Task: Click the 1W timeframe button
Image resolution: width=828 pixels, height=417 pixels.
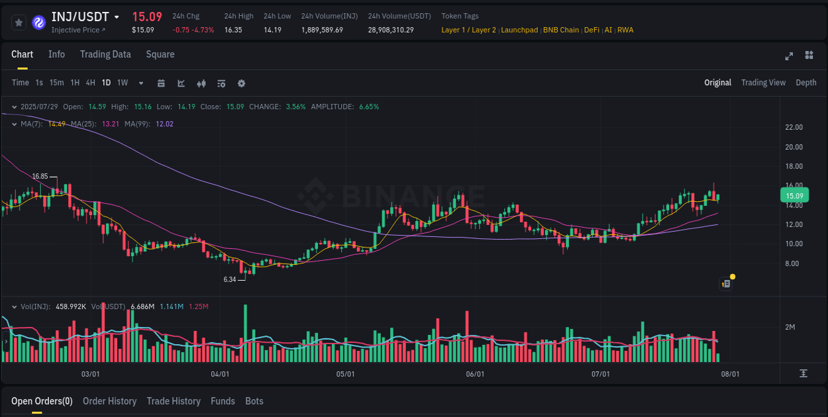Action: [x=123, y=83]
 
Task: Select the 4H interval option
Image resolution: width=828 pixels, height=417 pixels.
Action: [x=91, y=83]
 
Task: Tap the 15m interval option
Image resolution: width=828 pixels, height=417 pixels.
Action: [x=57, y=83]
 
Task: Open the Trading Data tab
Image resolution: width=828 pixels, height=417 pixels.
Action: [x=105, y=54]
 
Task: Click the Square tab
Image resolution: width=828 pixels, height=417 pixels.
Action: [x=160, y=54]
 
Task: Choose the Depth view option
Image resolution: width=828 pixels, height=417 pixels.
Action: [x=805, y=83]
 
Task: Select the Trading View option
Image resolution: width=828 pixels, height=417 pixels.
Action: [x=763, y=83]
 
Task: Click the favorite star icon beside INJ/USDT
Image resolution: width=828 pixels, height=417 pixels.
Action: [x=19, y=23]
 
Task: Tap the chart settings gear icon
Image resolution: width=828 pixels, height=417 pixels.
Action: [x=241, y=83]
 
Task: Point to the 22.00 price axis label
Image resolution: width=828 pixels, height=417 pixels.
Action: [x=794, y=127]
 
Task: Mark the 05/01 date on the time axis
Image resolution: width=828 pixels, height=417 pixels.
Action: [x=345, y=374]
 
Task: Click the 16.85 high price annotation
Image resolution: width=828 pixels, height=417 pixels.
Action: [x=40, y=177]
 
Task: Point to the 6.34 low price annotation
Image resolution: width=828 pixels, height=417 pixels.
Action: [x=230, y=279]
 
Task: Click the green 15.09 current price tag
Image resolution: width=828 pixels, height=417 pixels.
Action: [x=794, y=196]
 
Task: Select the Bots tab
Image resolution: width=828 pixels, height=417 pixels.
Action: [x=254, y=401]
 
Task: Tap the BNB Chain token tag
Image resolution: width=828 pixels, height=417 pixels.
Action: [x=561, y=30]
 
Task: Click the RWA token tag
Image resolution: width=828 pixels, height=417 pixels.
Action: [x=625, y=30]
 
